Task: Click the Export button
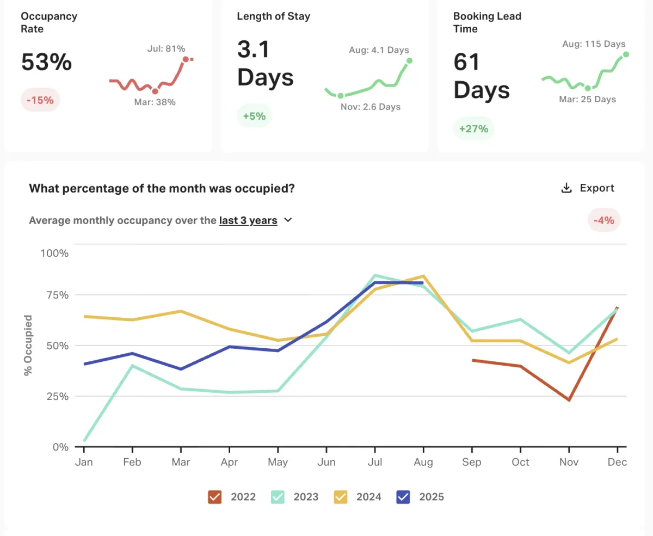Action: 588,188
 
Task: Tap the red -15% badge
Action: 40,100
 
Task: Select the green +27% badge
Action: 473,129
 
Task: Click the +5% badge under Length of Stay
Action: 254,116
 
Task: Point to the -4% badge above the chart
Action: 604,220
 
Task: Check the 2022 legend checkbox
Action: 215,497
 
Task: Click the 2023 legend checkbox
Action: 278,497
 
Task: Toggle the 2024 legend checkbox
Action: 341,497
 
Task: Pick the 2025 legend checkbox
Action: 403,497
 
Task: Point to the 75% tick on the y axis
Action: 54,295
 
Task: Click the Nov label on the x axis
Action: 569,462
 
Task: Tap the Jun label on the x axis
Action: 326,462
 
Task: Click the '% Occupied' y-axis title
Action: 28,345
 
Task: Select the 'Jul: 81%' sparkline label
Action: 166,48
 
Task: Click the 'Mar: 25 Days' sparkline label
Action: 588,99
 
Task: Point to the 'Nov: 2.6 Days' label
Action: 371,107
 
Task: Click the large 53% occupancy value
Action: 46,62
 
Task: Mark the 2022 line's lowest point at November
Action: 569,400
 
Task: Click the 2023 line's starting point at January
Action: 84,441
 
